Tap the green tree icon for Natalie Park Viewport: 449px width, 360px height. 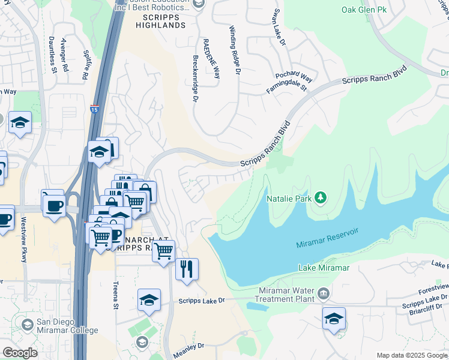(321, 197)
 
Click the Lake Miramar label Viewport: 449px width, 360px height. (323, 268)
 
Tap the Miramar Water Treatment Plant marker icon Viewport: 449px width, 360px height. (324, 293)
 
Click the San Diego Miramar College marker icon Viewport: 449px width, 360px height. (27, 325)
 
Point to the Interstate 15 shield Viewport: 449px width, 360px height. (95, 109)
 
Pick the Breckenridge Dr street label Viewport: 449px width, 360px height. (195, 79)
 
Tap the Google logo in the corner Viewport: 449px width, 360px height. (19, 353)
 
